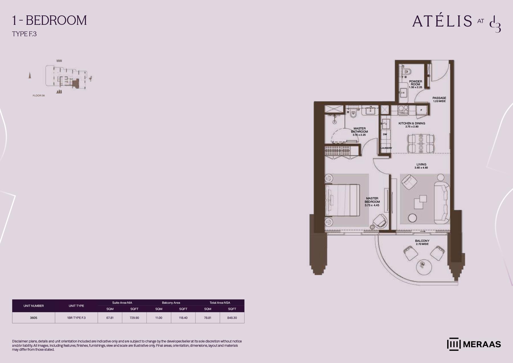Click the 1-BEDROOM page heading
49,21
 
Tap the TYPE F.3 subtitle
24,34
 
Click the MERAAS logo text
482,344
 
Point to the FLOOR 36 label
39,96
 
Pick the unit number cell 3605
34,318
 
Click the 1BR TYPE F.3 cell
76,318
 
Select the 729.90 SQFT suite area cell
134,318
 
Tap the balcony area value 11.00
159,318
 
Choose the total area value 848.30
232,318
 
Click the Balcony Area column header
171,303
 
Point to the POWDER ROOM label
416,83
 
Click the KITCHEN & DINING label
412,123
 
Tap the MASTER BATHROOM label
359,130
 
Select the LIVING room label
421,164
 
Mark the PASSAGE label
439,98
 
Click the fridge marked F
421,110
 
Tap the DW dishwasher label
385,134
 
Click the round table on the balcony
424,267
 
